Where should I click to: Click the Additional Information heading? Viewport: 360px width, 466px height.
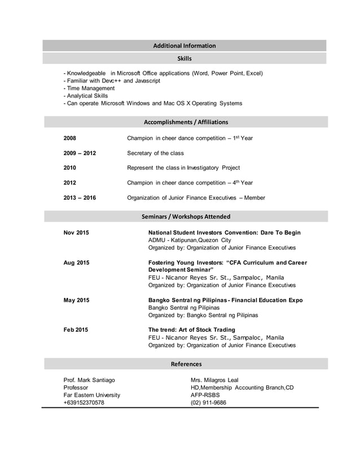click(185, 46)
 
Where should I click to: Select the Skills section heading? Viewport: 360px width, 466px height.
click(185, 59)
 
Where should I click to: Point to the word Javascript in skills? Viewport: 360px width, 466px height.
click(147, 81)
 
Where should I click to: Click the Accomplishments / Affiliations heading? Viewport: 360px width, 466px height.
click(186, 122)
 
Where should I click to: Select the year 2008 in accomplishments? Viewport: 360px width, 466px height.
click(70, 138)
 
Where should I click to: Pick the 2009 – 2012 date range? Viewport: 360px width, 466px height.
click(80, 153)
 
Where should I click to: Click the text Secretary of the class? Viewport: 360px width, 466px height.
click(155, 153)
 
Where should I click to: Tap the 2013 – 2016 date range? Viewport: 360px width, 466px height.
click(80, 198)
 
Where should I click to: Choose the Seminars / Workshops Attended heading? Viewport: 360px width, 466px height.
click(186, 217)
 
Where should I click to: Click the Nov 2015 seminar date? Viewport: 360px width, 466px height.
click(76, 232)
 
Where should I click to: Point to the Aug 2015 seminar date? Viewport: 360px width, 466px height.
click(76, 263)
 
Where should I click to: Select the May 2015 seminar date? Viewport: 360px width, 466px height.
click(76, 300)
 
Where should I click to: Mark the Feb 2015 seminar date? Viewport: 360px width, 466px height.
click(76, 329)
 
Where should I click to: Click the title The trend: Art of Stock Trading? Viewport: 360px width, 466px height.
click(192, 329)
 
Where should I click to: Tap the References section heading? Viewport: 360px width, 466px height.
click(186, 364)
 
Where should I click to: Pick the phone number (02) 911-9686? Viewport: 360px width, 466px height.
click(209, 403)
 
